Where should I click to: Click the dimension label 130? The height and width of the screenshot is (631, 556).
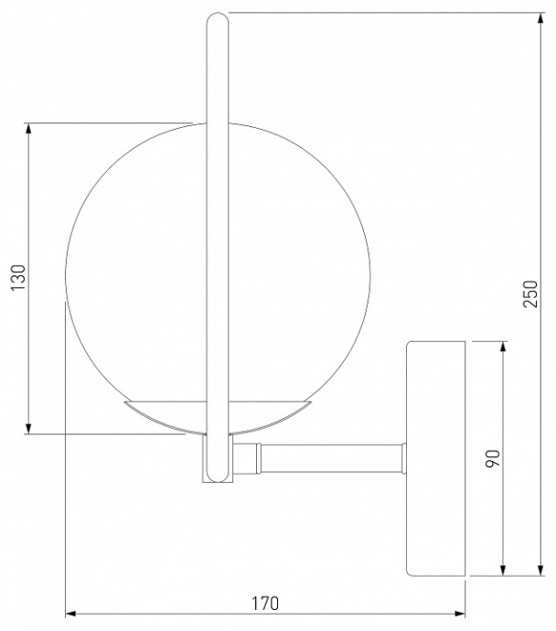pos(16,277)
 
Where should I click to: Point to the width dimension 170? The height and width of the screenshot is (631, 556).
pos(264,603)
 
